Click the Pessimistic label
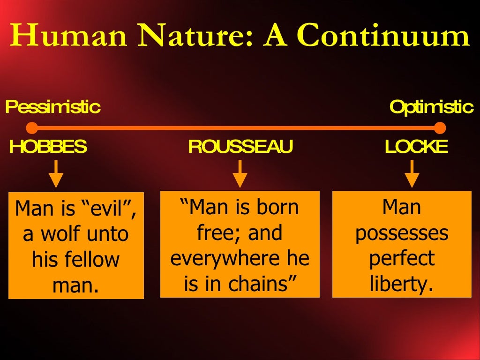point(52,107)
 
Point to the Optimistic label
point(431,107)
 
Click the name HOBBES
point(48,147)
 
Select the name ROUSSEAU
point(240,147)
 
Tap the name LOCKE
point(416,147)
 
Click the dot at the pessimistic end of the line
point(32,127)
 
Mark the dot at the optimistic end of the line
point(440,127)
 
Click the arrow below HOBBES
point(56,174)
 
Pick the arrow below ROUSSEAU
point(240,174)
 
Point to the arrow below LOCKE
point(412,174)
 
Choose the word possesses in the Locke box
point(402,233)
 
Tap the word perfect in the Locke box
point(402,259)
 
